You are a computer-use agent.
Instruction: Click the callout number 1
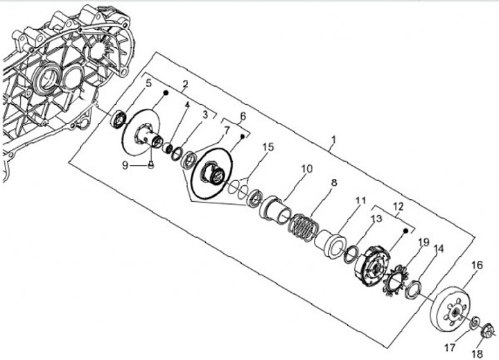(333, 139)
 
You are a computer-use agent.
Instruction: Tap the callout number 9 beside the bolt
(125, 165)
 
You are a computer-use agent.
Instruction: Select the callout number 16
(477, 265)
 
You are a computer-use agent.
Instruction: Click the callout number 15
(268, 147)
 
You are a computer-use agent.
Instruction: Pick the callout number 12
(398, 207)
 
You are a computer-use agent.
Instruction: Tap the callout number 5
(148, 83)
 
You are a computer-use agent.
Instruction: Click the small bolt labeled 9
(151, 164)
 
